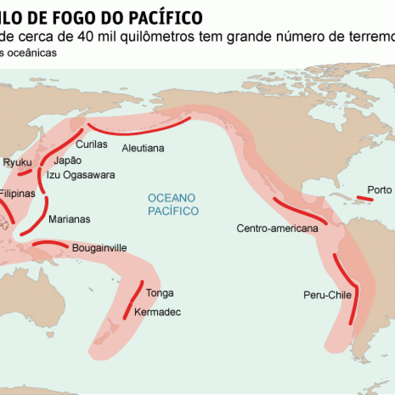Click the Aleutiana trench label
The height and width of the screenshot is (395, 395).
point(143,148)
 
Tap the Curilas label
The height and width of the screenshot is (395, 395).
point(91,144)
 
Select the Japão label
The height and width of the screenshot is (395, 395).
point(68,160)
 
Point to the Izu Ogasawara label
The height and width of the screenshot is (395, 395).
point(80,175)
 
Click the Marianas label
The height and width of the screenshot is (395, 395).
point(69,219)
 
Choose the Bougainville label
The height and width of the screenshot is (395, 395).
point(99,248)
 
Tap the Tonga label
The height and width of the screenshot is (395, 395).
point(160,293)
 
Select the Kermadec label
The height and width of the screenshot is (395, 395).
point(158,312)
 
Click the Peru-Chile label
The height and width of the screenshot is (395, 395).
point(328,295)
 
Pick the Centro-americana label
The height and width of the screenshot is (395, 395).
point(277,228)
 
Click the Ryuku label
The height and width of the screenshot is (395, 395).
point(17,163)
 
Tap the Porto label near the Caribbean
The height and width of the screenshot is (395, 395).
point(380,190)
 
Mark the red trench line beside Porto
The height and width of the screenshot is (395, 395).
point(365,199)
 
